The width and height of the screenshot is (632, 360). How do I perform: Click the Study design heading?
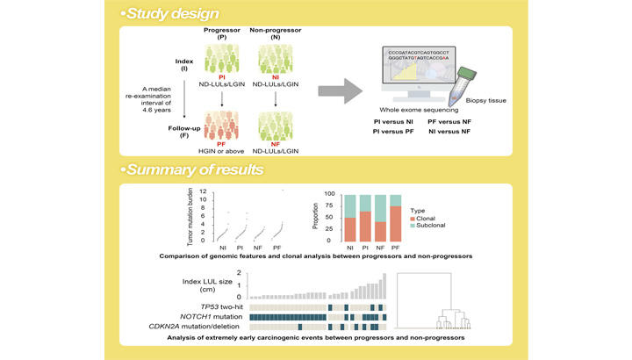coord(173,14)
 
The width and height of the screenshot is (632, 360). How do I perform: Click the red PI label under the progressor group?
coord(222,77)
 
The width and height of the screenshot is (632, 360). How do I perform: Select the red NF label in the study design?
coord(276,144)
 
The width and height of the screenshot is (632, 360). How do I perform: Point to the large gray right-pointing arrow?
coord(341,90)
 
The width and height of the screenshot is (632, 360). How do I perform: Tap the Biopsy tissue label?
coord(485,100)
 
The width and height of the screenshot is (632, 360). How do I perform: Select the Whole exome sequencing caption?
coord(419,110)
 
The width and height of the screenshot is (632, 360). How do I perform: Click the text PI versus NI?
coord(393,121)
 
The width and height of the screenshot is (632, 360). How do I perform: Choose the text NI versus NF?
coord(449,132)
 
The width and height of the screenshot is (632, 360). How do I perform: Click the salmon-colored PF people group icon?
coord(221,126)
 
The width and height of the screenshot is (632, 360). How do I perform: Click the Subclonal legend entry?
coord(427,226)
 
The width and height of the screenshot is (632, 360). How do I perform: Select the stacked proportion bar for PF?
coord(395,218)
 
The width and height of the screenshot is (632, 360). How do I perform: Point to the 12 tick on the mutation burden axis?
coord(203,191)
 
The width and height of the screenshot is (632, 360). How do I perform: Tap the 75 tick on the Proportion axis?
coord(329,205)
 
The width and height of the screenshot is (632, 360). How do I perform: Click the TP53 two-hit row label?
coord(222,307)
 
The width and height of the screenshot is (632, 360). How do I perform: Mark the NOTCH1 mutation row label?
coord(212,317)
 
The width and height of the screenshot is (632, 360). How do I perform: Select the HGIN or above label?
coord(221,151)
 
